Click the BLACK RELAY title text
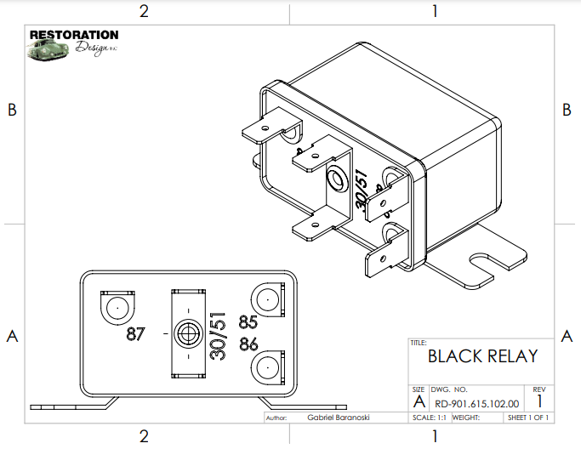coord(481,355)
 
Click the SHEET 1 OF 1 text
coord(527,418)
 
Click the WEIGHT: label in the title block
coord(467,418)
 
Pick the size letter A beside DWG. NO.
coord(418,401)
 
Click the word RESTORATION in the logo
coord(74,35)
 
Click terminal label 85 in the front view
coord(248,323)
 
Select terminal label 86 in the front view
coord(248,344)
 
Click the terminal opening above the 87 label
coord(118,305)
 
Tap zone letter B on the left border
coord(12,111)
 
